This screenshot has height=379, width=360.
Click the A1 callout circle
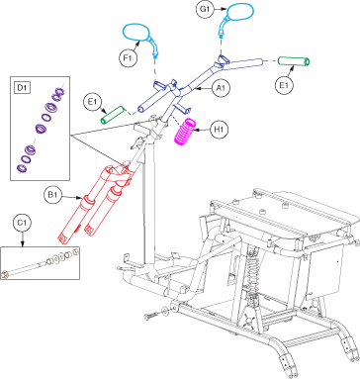pyautogui.click(x=221, y=88)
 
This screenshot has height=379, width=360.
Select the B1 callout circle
pyautogui.click(x=52, y=195)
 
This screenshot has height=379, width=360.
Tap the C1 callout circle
pyautogui.click(x=22, y=224)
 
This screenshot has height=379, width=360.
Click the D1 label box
pyautogui.click(x=22, y=88)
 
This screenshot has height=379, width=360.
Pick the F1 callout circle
pyautogui.click(x=128, y=58)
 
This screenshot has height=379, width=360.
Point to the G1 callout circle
pyautogui.click(x=205, y=9)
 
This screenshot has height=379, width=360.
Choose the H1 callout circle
pyautogui.click(x=219, y=130)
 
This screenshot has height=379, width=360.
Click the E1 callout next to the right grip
pyautogui.click(x=284, y=85)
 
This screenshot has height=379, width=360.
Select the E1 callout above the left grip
pyautogui.click(x=93, y=102)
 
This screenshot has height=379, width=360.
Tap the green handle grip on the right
pyautogui.click(x=294, y=61)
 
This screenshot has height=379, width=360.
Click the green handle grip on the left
pyautogui.click(x=112, y=115)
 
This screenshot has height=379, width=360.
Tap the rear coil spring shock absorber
pyautogui.click(x=252, y=277)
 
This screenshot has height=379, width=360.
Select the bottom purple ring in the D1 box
pyautogui.click(x=22, y=168)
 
